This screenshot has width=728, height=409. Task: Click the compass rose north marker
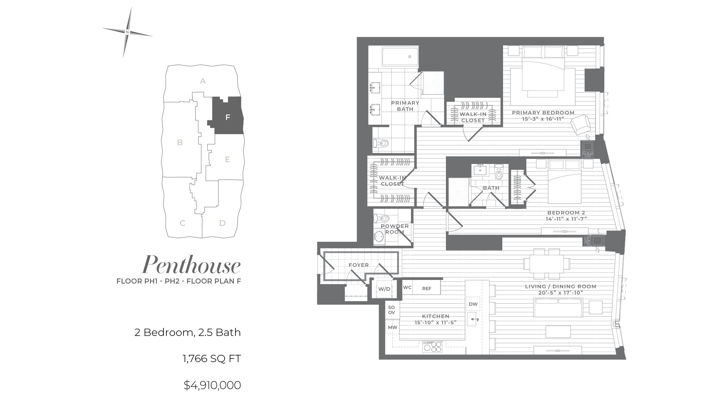pyautogui.click(x=127, y=32)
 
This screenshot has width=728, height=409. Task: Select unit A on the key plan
pyautogui.click(x=203, y=81)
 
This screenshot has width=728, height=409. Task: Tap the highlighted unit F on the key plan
pyautogui.click(x=228, y=116)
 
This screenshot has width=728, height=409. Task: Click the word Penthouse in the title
pyautogui.click(x=191, y=265)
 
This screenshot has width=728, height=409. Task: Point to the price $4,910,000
pyautogui.click(x=212, y=385)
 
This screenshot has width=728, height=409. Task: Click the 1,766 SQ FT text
pyautogui.click(x=211, y=359)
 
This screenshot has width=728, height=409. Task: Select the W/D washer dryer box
pyautogui.click(x=384, y=289)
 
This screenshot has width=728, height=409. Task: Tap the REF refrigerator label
pyautogui.click(x=427, y=289)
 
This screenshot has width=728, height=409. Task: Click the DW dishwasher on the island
pyautogui.click(x=473, y=304)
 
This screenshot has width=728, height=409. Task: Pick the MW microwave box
pyautogui.click(x=392, y=327)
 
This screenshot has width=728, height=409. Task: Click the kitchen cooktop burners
pyautogui.click(x=432, y=347)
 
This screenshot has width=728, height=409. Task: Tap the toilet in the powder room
pyautogui.click(x=381, y=218)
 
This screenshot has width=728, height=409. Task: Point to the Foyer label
pyautogui.click(x=359, y=265)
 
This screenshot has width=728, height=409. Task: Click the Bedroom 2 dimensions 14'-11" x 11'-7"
pyautogui.click(x=566, y=219)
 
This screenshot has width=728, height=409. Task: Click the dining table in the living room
pyautogui.click(x=546, y=263)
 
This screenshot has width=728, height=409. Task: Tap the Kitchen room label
pyautogui.click(x=436, y=316)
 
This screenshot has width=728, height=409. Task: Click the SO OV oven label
pyautogui.click(x=391, y=310)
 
